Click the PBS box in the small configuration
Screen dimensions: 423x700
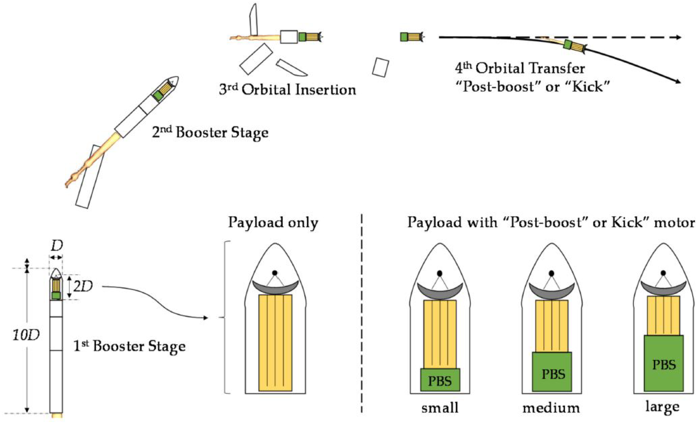[x=440, y=380]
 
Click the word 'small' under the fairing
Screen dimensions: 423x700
[x=440, y=408]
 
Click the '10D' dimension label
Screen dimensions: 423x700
[x=26, y=335]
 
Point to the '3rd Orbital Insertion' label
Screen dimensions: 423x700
[x=287, y=90]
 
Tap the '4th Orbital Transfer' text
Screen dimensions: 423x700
[x=520, y=68]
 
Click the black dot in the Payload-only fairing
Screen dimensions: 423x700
[x=275, y=273]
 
